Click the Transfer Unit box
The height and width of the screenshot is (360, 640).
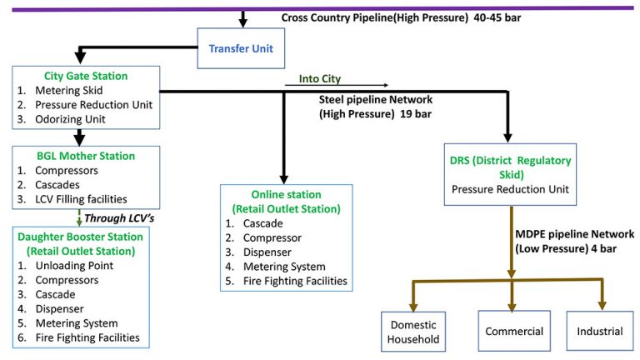coord(242,48)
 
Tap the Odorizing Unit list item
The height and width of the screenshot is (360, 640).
coord(75,119)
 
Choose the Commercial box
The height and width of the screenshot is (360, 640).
coord(515,332)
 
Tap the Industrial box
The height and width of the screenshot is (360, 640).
coord(599,332)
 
